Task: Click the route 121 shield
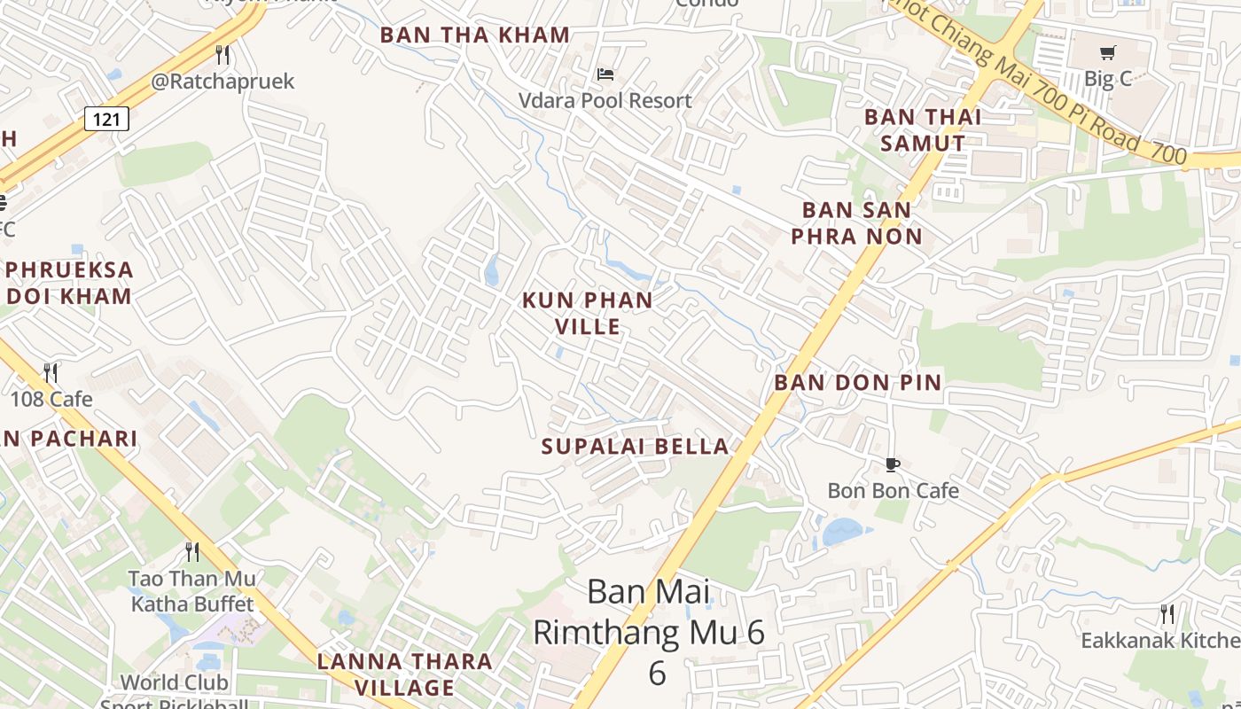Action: tap(106, 119)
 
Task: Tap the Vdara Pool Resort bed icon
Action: tap(605, 74)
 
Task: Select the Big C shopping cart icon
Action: tap(1107, 53)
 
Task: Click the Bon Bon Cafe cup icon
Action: tap(893, 464)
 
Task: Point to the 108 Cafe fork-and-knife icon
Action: tap(51, 373)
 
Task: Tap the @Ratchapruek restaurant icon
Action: tap(222, 56)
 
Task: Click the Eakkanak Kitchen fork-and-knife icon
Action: tap(1167, 613)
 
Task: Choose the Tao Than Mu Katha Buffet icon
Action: tap(192, 552)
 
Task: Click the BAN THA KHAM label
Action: tap(474, 35)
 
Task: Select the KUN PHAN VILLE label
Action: tap(588, 314)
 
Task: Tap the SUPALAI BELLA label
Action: tap(635, 446)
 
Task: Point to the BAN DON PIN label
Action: tap(857, 383)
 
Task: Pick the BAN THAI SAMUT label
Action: tap(923, 129)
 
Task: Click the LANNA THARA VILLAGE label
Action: tap(405, 674)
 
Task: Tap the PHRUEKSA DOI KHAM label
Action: tap(69, 283)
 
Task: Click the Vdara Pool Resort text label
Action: tap(605, 100)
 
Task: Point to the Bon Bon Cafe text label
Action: tap(893, 490)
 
